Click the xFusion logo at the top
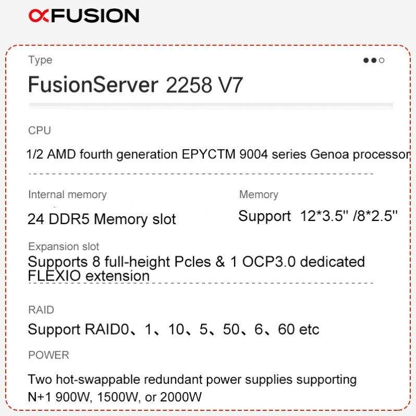pos(84,16)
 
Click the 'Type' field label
pos(40,60)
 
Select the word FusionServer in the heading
pos(93,84)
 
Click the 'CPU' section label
pos(40,130)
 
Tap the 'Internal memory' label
pos(67,194)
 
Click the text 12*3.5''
pos(323,216)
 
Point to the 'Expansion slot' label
pos(64,246)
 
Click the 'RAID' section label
pos(41,310)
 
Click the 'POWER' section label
pos(48,355)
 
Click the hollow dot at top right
pos(382,60)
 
